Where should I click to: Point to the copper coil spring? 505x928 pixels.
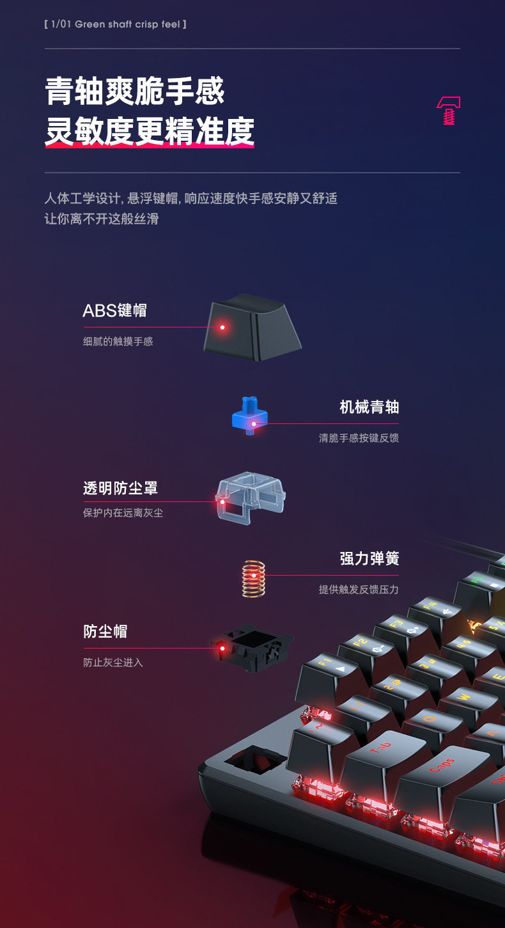point(254,578)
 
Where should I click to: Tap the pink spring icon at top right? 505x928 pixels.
point(449,111)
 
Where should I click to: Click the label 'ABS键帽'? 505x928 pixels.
point(114,311)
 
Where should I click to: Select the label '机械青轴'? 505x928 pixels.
point(369,407)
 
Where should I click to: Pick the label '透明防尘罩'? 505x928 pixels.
point(120,489)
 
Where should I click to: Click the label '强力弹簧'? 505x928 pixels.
point(369,558)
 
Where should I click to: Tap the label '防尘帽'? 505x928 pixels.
point(105,632)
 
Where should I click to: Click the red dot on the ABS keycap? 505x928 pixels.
point(222,327)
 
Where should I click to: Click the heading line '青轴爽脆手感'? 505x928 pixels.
point(135,91)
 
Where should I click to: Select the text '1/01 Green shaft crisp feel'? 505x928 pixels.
point(116,24)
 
